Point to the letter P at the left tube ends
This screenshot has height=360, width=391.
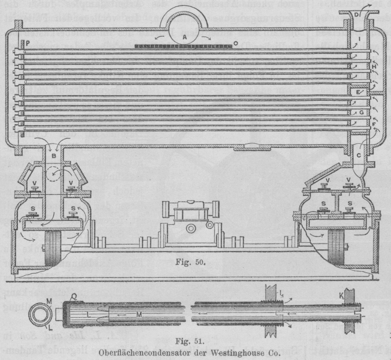[27, 43]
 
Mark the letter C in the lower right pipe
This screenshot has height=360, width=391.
[359, 155]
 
